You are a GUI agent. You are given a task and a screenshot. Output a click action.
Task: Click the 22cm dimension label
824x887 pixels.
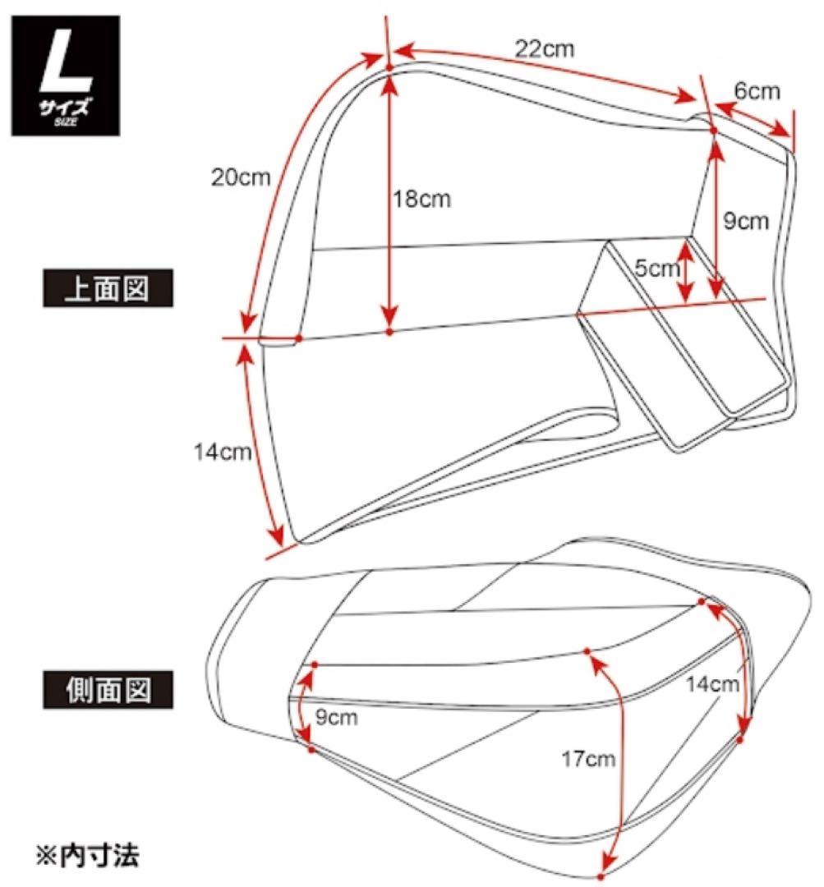[x=545, y=48]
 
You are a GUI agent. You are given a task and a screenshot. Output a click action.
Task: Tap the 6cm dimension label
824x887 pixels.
[x=757, y=91]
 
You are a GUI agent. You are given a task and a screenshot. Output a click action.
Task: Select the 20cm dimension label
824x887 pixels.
[x=240, y=177]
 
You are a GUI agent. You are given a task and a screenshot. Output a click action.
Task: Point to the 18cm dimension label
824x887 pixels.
[x=423, y=200]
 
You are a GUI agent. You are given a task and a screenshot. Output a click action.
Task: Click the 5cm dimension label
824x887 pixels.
[x=657, y=269]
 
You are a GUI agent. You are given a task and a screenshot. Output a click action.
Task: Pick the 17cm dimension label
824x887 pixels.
[x=589, y=760]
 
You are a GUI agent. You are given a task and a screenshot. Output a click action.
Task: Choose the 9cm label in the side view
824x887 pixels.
[x=336, y=718]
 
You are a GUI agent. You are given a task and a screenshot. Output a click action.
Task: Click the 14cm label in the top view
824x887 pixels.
[x=222, y=452]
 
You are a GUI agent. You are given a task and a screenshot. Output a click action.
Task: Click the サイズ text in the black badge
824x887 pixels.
[x=67, y=108]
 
